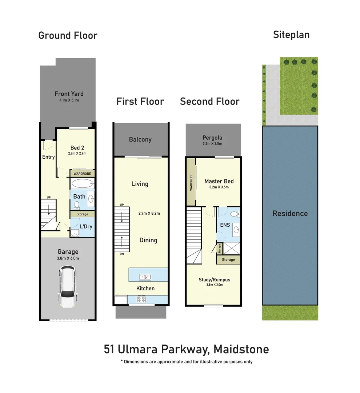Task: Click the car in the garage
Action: pos(67,287)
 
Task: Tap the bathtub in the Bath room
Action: pos(83,184)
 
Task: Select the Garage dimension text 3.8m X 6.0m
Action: pos(68,258)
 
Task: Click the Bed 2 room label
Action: pos(77,148)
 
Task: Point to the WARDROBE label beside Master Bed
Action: pos(191,182)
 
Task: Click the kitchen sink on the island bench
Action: pos(145,277)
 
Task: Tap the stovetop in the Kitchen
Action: pos(141,299)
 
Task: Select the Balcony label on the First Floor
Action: pos(140,140)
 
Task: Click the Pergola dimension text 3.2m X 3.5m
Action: pos(212,144)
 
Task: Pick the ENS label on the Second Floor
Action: pos(225,225)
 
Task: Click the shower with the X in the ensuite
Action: pos(232,249)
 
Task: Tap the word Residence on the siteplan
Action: pos(290,214)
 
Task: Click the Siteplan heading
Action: pos(291,35)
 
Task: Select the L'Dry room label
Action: pos(86,227)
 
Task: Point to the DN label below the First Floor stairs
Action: pos(122,254)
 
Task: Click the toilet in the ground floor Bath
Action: pos(77,205)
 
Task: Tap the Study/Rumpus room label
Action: pos(215,280)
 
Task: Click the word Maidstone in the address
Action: pos(241,349)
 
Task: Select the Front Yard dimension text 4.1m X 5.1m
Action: pos(69,100)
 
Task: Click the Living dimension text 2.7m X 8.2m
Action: pos(149,214)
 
